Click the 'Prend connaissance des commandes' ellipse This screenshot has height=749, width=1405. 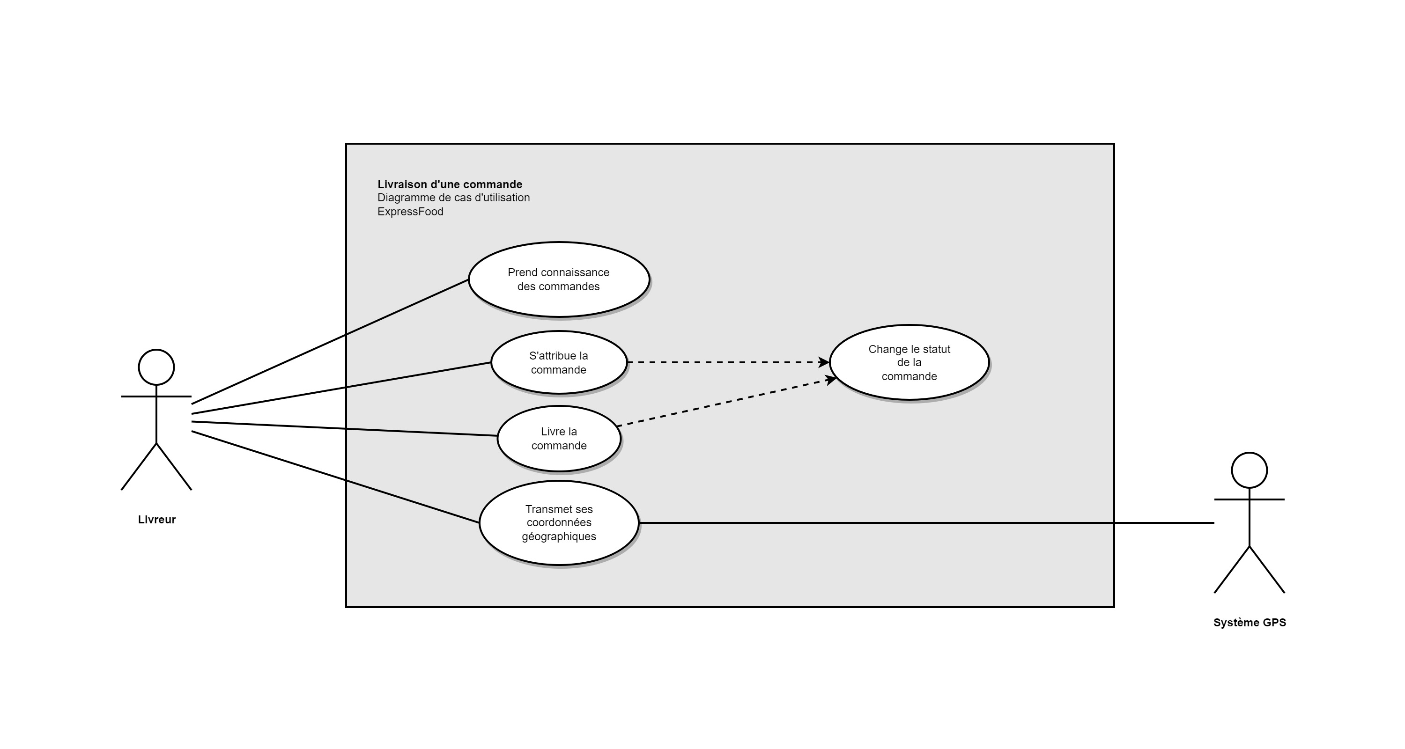coord(559,279)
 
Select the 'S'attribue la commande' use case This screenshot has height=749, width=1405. coord(559,362)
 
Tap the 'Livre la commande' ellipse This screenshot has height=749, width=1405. coord(559,438)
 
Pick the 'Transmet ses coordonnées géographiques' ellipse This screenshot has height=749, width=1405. coord(559,522)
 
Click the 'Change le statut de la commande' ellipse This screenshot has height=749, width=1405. coord(909,362)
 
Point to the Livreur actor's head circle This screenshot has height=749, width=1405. coord(156,367)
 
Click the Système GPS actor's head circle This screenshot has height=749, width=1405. coord(1249,470)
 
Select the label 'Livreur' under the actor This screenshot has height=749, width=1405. coord(156,520)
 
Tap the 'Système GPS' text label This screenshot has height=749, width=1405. coord(1249,623)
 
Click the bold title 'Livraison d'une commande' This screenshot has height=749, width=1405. coord(450,184)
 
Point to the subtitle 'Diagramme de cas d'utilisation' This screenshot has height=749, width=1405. coord(453,198)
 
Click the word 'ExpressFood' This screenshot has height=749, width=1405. coord(410,212)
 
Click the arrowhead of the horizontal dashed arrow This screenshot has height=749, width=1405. coord(824,362)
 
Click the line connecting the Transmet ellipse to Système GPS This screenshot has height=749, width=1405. coord(927,522)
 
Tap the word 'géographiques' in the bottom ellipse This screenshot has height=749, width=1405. coord(559,536)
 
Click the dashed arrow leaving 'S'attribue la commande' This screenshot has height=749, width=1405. coord(725,362)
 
